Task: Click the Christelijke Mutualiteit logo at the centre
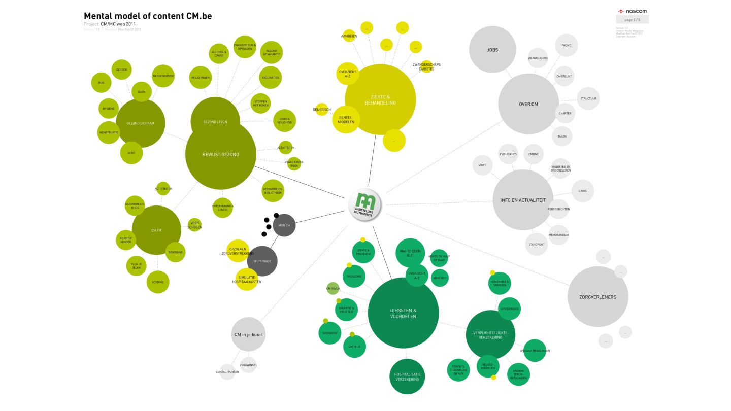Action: pyautogui.click(x=365, y=205)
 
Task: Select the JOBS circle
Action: pyautogui.click(x=492, y=50)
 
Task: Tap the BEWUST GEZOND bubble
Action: pyautogui.click(x=220, y=154)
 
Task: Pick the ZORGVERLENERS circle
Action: pyautogui.click(x=597, y=297)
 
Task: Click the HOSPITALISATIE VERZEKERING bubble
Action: pyautogui.click(x=407, y=376)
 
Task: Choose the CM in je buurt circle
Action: pyautogui.click(x=248, y=334)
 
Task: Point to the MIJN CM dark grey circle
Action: pyautogui.click(x=284, y=225)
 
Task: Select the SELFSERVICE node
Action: pyautogui.click(x=262, y=261)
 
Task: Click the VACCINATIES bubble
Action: pyautogui.click(x=270, y=78)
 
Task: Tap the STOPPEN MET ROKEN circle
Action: pyautogui.click(x=260, y=104)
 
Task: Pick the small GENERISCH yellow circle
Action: pyautogui.click(x=322, y=109)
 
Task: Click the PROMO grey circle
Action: pyautogui.click(x=566, y=46)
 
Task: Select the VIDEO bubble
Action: pyautogui.click(x=482, y=165)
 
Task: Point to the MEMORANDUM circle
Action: pyautogui.click(x=558, y=235)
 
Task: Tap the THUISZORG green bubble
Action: pyautogui.click(x=354, y=277)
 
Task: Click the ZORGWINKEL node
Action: pyautogui.click(x=248, y=365)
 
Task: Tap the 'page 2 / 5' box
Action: pyautogui.click(x=632, y=20)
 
